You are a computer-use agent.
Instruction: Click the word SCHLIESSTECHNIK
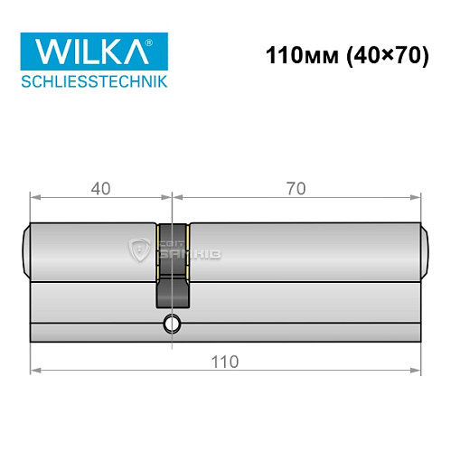tap(94, 81)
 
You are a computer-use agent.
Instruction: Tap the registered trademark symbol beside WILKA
tap(160, 42)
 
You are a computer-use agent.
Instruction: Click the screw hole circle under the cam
tap(172, 325)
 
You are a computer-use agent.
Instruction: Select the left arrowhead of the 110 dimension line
tap(34, 370)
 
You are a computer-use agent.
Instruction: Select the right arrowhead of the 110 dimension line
tap(418, 370)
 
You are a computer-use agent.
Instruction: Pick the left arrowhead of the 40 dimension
tap(34, 198)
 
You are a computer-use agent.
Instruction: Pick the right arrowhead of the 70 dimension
tap(418, 198)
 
